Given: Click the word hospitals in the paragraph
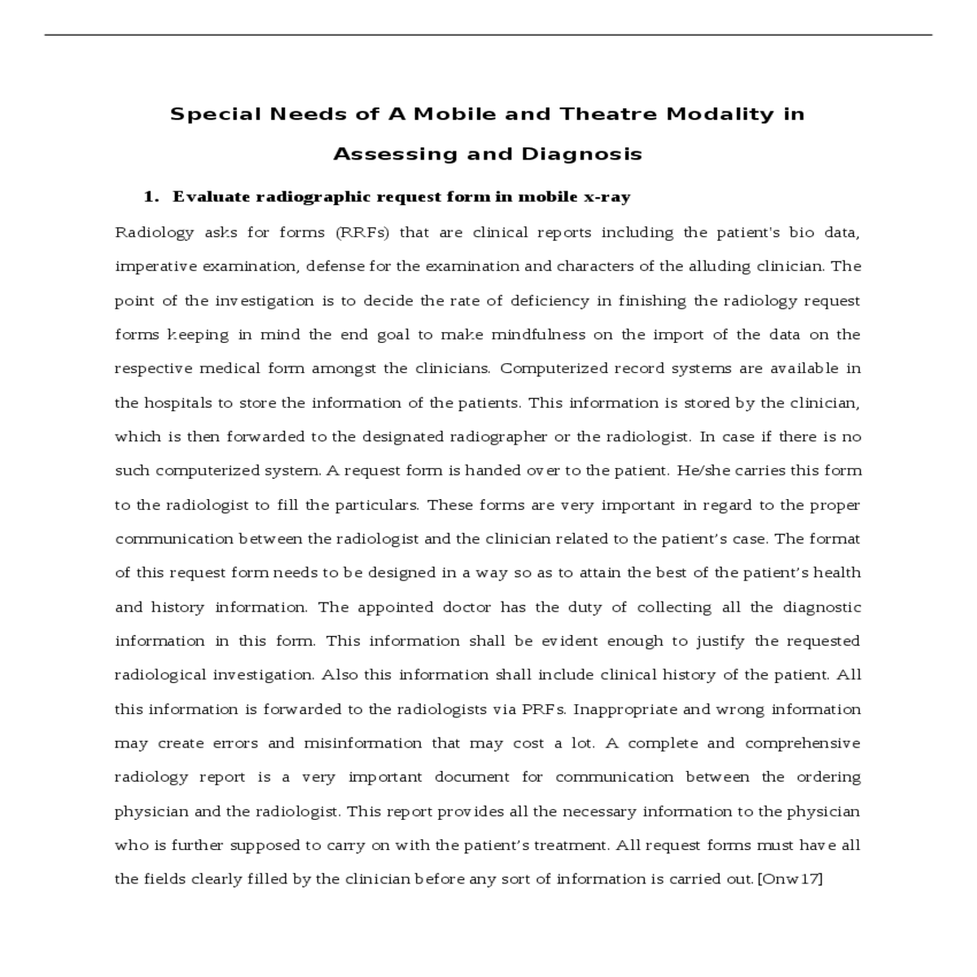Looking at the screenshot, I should coord(175,403).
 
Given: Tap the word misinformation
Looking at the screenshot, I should coord(362,743).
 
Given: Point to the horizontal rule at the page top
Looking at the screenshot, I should coord(488,35).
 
